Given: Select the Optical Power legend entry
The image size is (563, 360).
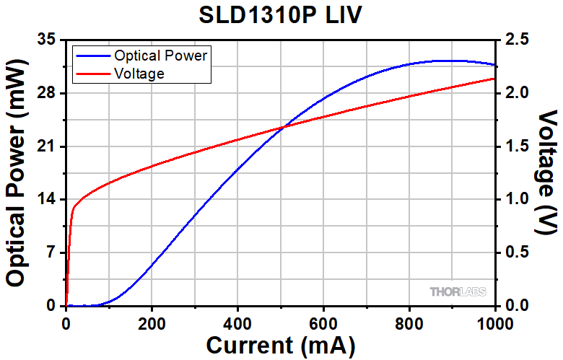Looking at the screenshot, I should (161, 56).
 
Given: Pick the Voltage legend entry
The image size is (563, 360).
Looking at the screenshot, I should (139, 73).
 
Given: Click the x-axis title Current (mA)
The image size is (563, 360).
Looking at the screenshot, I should (281, 345).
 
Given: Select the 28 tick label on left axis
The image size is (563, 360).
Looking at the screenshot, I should (46, 93).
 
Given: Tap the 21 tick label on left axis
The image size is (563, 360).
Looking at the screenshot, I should (46, 146).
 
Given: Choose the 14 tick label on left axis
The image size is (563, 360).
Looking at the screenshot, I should (46, 200).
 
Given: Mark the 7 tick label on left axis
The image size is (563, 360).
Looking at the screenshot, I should (51, 253).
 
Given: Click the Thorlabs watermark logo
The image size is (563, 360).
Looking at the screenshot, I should (458, 291).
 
